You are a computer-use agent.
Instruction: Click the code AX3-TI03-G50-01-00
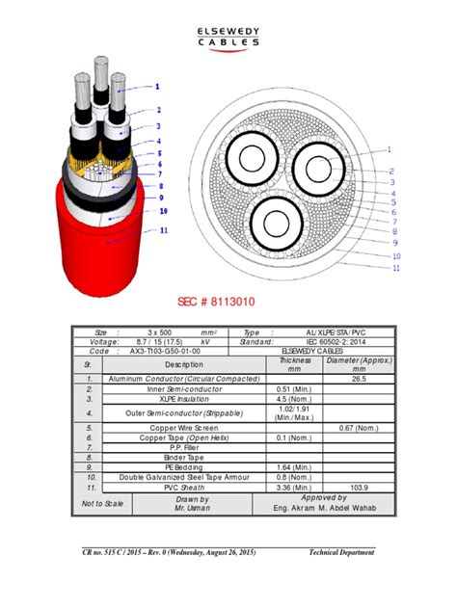166,351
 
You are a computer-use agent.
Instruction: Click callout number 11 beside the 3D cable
164,230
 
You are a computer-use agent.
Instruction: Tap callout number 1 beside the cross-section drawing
390,149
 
